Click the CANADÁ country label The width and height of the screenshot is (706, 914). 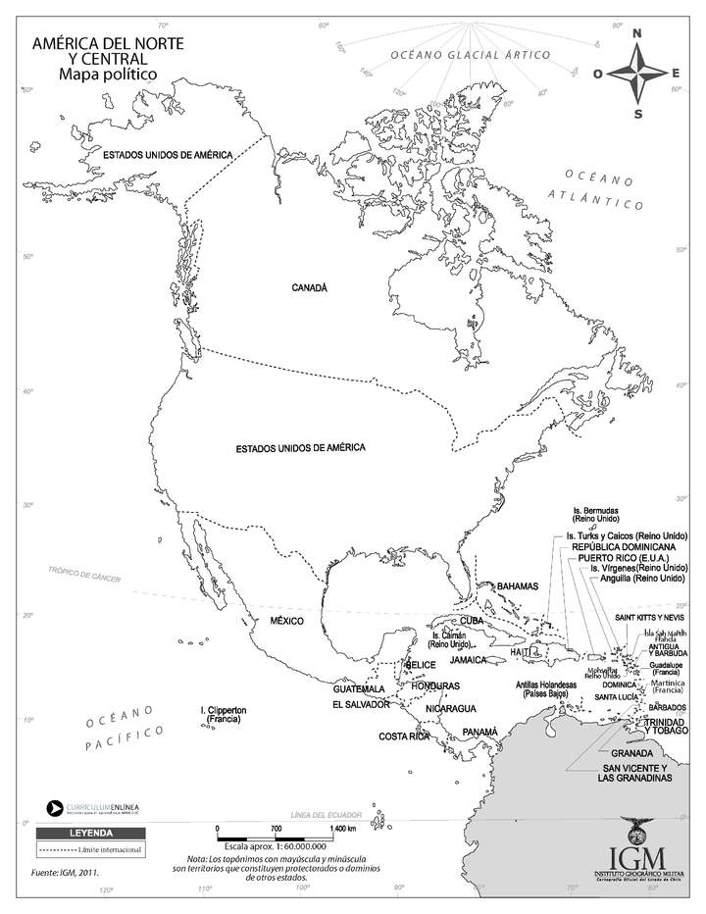(x=309, y=287)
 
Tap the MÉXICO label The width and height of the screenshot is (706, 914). (x=289, y=621)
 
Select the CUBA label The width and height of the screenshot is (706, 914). (x=473, y=621)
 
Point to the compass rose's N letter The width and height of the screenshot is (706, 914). (x=637, y=34)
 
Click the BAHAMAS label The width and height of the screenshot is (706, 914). (x=518, y=585)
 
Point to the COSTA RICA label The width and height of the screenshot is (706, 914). (x=406, y=736)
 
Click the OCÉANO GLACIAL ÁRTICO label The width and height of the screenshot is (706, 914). (x=470, y=56)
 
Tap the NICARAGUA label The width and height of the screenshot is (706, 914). (x=451, y=708)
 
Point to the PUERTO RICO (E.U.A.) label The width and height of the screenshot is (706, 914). (x=628, y=558)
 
